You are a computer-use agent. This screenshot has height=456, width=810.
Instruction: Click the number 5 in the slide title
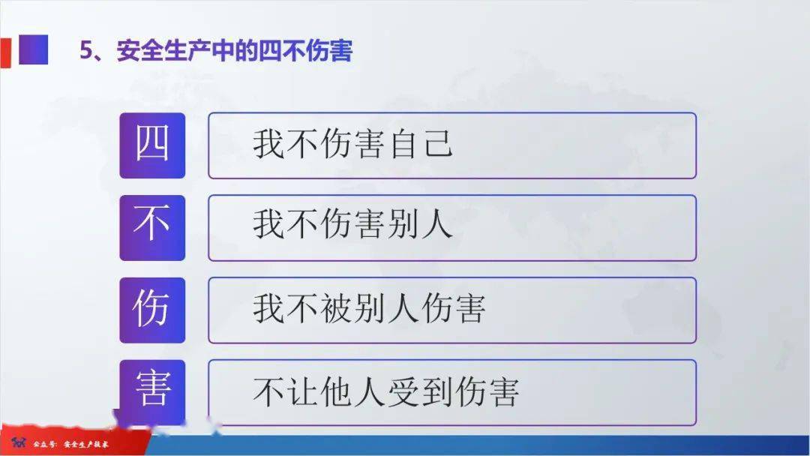point(85,50)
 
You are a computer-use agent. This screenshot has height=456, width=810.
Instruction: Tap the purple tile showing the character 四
point(152,145)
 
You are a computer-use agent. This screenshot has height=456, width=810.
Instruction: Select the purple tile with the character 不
point(152,228)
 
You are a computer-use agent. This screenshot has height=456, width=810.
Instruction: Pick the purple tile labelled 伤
point(152,310)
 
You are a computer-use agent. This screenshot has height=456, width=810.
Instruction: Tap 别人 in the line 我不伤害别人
point(421,225)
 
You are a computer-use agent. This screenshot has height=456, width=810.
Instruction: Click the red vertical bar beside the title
point(5,52)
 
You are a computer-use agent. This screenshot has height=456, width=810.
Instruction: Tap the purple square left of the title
point(34,49)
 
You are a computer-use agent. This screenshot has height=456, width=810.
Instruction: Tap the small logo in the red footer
point(19,442)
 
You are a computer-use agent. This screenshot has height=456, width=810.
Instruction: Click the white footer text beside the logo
point(70,443)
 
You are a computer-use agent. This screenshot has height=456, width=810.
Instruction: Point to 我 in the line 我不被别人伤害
point(268,308)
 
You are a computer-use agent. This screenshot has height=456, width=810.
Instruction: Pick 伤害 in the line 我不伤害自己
point(352,143)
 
